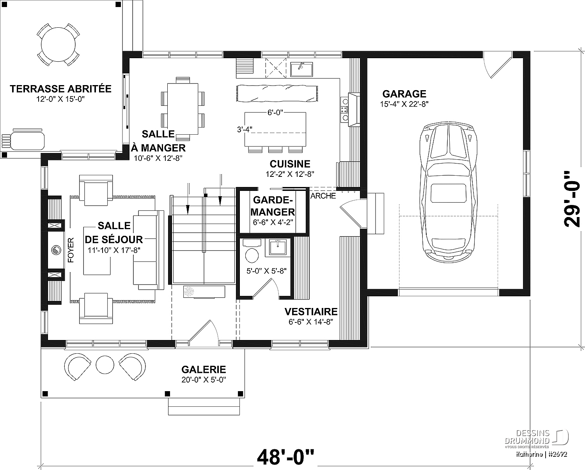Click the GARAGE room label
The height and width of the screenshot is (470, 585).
(x=404, y=94)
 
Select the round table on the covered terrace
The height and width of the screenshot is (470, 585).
(x=58, y=45)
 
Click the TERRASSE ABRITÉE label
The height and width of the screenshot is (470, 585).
(x=60, y=89)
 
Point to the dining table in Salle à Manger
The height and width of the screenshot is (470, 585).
(x=183, y=109)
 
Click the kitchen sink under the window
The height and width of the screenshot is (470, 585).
(x=301, y=69)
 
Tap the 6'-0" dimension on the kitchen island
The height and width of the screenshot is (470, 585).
(x=275, y=112)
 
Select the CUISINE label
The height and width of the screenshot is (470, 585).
(x=290, y=164)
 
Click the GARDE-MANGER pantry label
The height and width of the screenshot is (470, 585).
(x=273, y=206)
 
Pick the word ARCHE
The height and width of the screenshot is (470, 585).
(x=323, y=196)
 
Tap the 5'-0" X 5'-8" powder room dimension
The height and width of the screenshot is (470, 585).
(x=266, y=271)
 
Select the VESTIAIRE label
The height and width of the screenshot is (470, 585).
(x=311, y=312)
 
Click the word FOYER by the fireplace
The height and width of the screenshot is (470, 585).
(x=71, y=250)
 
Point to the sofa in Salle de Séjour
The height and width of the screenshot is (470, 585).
(x=149, y=250)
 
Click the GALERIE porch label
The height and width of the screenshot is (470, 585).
(x=204, y=370)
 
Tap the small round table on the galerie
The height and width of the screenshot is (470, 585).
(x=105, y=365)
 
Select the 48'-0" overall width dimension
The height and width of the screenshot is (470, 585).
(x=285, y=457)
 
